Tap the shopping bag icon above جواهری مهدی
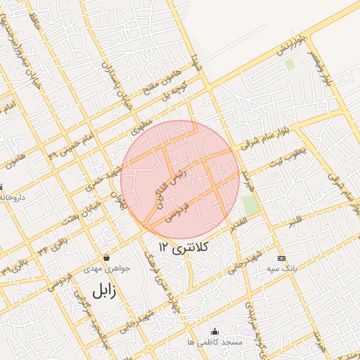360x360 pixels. coord(106,258)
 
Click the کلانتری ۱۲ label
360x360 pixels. coord(185,247)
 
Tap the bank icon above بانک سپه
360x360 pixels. coord(281,258)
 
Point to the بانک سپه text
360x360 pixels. coord(281,269)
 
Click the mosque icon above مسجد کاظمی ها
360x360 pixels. coord(214,331)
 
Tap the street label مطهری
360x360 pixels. coord(141,126)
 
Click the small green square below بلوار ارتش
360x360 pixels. coord(289,65)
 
